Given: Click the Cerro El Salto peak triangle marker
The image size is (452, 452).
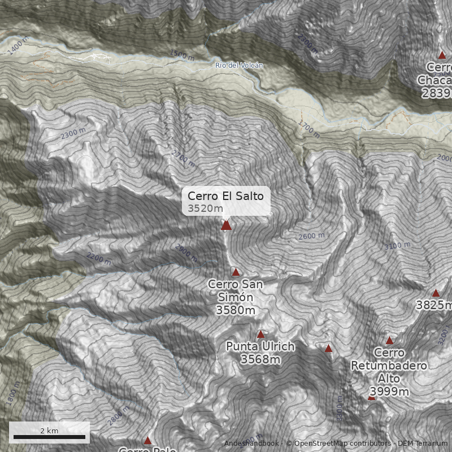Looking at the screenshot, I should click(226, 225).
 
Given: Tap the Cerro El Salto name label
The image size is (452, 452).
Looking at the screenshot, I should click(225, 196).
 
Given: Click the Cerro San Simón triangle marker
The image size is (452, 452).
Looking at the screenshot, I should click(236, 272).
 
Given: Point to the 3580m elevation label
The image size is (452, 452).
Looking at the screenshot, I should click(236, 310).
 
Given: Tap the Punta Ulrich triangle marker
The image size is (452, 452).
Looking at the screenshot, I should click(260, 334).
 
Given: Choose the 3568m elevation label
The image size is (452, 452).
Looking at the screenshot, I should click(260, 359).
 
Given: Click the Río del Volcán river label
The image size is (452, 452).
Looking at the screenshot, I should click(239, 66).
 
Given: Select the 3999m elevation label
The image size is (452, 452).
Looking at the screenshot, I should click(389, 392).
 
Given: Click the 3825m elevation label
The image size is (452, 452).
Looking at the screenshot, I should click(434, 306).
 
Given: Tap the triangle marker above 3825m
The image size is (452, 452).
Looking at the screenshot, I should click(436, 293).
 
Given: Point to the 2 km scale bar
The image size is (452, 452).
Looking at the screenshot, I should click(49, 436).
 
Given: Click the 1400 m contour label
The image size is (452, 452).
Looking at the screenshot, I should click(18, 47).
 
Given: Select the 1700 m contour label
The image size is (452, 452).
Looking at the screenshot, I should click(308, 129).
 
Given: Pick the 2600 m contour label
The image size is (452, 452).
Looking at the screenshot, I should click(312, 236).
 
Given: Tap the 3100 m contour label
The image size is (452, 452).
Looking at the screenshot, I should click(397, 246).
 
